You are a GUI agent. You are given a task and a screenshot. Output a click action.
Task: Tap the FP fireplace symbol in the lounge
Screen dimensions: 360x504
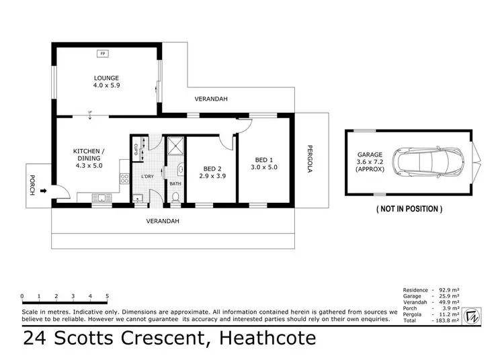click(103, 54)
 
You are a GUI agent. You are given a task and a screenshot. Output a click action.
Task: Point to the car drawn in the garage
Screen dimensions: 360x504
click(431, 162)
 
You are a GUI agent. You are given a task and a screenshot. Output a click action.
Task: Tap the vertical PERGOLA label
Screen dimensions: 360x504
click(310, 159)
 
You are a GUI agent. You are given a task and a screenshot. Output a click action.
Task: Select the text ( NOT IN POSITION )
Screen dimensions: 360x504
click(409, 210)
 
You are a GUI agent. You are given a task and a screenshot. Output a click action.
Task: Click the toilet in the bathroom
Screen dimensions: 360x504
click(175, 197)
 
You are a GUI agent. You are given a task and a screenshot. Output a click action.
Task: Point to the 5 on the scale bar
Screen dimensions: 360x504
click(108, 296)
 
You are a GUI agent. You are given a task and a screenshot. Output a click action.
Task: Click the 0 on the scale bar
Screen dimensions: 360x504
click(22, 296)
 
